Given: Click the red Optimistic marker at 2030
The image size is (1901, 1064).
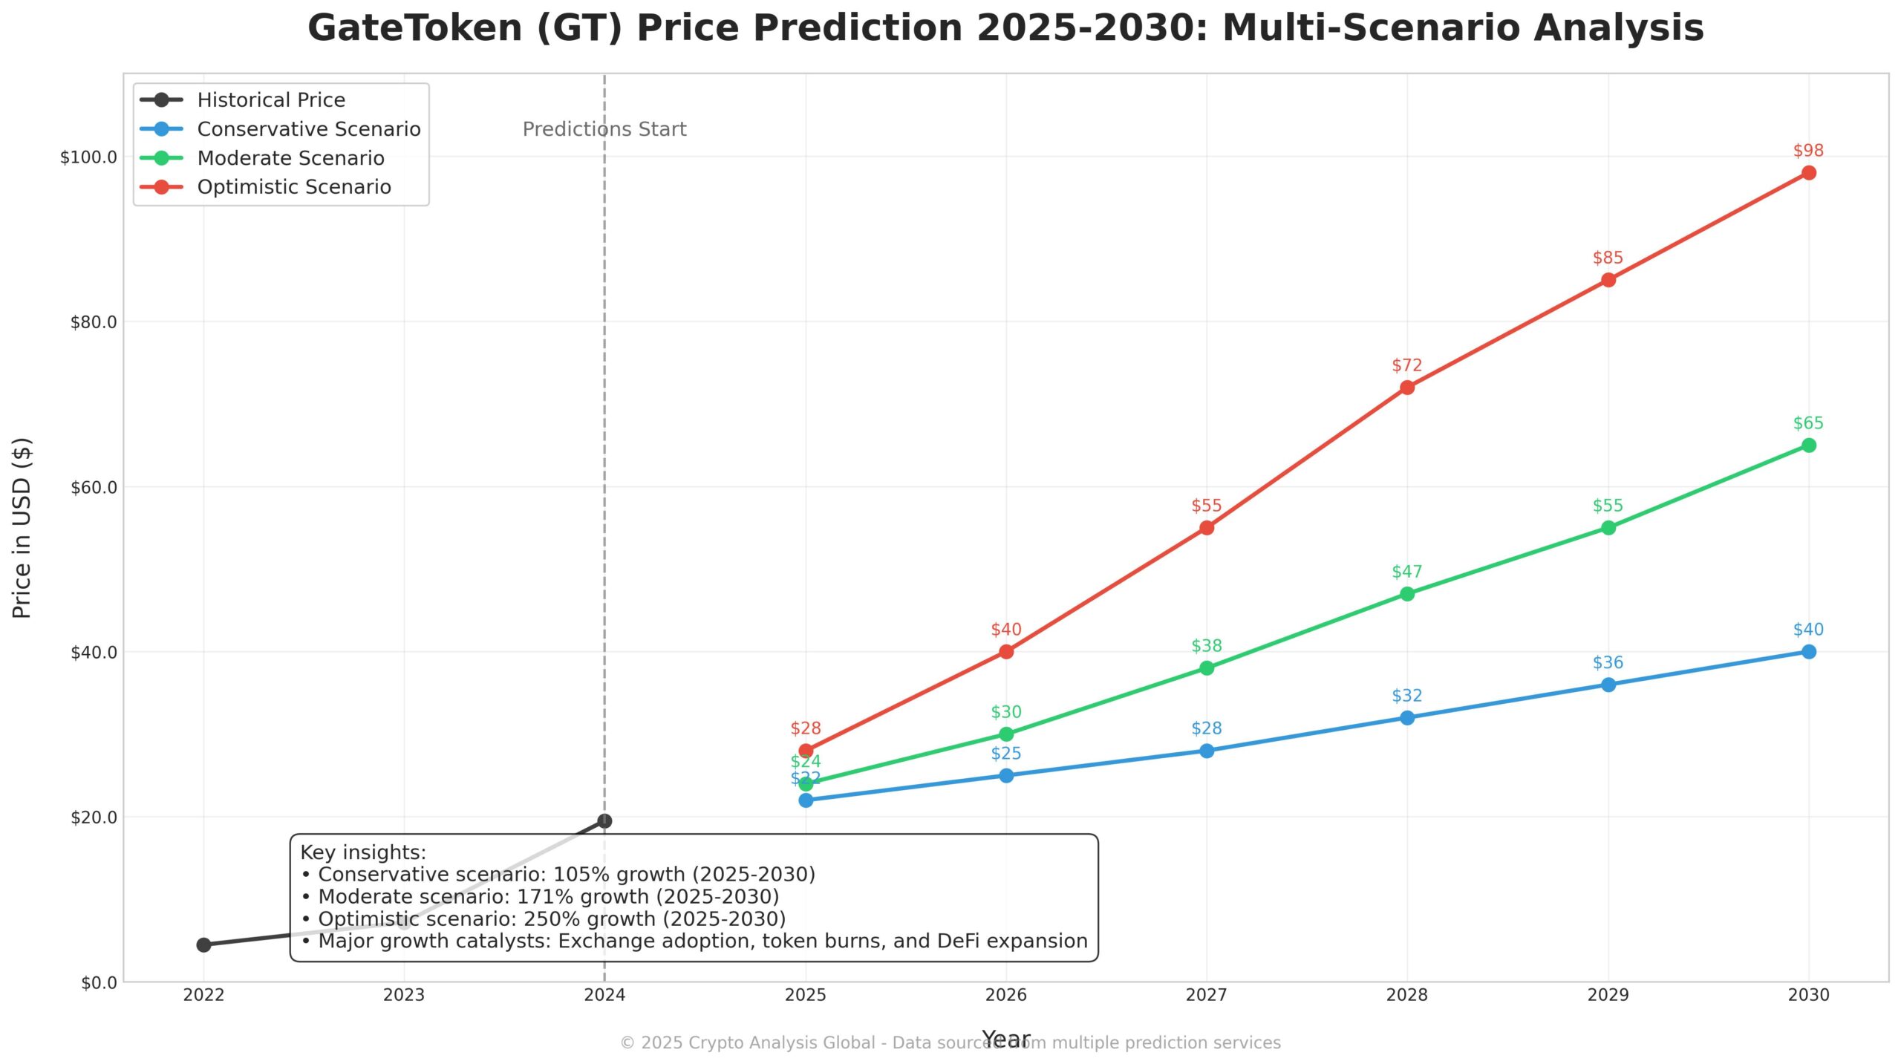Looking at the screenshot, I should tap(1808, 173).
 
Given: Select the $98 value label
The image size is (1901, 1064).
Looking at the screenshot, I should tap(1808, 151).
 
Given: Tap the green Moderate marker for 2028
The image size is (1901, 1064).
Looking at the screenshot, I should tap(1406, 594).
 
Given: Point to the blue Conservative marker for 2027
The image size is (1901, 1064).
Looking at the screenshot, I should tap(1206, 751).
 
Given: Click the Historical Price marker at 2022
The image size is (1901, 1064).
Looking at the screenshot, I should tap(203, 944).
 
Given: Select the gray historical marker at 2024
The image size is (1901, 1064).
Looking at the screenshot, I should tap(604, 820).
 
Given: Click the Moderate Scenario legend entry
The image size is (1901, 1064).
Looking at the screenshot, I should tap(290, 158).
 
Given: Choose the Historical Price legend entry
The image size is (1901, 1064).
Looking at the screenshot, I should tap(271, 100).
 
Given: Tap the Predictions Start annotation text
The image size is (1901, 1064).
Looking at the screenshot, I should tap(604, 129).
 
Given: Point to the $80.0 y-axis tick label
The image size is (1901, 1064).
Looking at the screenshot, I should tap(94, 322).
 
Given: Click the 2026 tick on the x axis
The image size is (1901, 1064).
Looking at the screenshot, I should tap(1005, 995).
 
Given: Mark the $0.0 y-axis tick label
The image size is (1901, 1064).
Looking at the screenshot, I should tap(99, 982).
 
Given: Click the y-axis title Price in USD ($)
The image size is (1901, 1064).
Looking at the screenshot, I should tap(22, 528).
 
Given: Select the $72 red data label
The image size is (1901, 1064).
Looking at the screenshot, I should tap(1406, 365).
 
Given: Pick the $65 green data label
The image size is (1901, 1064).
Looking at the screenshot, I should tap(1808, 423).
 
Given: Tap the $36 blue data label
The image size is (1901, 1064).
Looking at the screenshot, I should tap(1608, 662).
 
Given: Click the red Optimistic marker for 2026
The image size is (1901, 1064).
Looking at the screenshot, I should tap(1005, 651).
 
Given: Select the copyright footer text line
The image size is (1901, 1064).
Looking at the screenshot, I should tap(950, 1042).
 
